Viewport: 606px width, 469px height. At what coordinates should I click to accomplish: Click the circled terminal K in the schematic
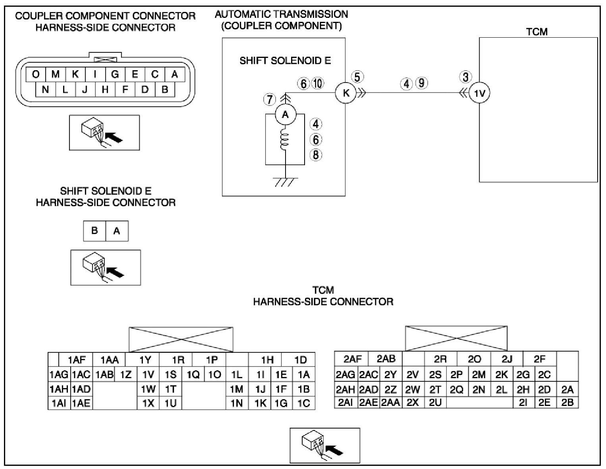(346, 93)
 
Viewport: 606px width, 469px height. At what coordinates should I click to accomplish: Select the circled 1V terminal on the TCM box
(479, 93)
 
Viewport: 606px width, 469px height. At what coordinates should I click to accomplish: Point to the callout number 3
(465, 77)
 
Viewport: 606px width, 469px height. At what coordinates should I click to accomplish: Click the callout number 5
(357, 77)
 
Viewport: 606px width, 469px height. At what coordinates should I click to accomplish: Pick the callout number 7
(270, 99)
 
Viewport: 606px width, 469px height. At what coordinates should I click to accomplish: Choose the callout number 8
(316, 155)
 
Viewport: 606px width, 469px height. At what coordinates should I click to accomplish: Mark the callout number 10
(318, 83)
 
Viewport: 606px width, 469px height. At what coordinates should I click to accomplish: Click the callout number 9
(421, 83)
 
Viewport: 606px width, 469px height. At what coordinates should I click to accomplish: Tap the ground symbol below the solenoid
(286, 181)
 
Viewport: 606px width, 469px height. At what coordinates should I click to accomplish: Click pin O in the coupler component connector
(36, 74)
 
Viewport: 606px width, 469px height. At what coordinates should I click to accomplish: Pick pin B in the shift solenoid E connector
(95, 231)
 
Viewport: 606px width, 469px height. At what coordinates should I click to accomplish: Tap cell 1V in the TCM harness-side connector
(148, 374)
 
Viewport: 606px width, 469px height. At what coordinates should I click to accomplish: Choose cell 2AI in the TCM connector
(345, 402)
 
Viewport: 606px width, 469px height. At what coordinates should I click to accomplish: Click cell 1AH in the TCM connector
(59, 389)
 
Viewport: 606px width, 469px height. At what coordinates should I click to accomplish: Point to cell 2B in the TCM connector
(567, 402)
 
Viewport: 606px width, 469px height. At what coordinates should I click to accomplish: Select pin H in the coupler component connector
(105, 89)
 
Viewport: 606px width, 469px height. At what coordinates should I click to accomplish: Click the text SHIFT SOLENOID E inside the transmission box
(285, 61)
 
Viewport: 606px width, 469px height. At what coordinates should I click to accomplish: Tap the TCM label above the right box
(537, 32)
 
